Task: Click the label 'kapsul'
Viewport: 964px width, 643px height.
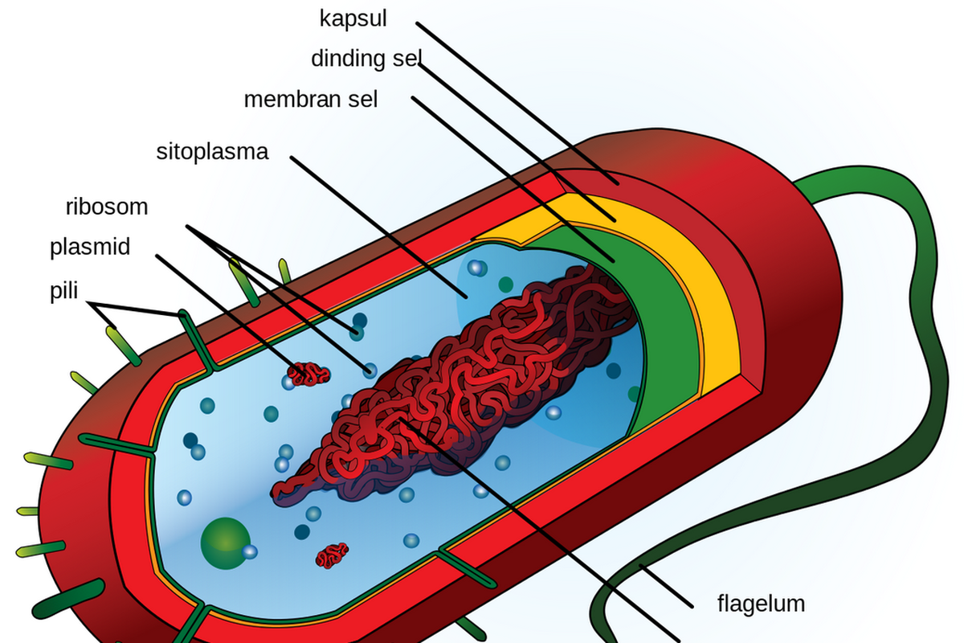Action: (353, 18)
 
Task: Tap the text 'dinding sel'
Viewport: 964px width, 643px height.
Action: (366, 59)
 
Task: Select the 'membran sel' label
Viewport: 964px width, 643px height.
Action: (311, 100)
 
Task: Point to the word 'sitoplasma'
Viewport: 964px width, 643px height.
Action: (212, 151)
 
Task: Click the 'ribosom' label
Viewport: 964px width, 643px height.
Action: (107, 207)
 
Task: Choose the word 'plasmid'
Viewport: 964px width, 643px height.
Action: (90, 247)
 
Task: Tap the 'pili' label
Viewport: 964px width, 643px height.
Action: (63, 290)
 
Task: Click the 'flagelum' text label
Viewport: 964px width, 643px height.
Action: (761, 603)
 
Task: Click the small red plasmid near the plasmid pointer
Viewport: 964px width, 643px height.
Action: (309, 373)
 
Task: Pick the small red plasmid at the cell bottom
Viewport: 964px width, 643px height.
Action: (332, 555)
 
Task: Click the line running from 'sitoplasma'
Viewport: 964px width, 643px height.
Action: (378, 225)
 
